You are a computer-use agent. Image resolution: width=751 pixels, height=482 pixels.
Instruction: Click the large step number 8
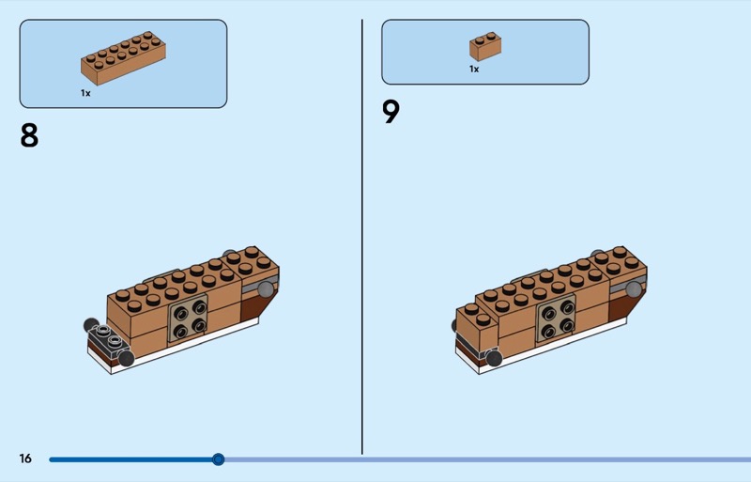[29, 136]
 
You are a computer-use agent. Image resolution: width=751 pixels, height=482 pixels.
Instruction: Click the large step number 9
[391, 113]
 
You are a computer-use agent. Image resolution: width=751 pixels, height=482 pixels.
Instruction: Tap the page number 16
[25, 459]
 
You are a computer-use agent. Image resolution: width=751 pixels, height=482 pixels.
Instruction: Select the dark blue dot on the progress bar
[219, 459]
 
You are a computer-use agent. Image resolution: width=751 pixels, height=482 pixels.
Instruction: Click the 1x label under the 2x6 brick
[85, 93]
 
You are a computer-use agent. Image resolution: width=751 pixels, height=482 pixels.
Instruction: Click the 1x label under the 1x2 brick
[474, 69]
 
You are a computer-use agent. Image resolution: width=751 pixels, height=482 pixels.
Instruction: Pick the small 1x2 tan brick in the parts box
[485, 46]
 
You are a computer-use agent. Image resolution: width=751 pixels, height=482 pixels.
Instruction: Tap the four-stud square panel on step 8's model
[189, 319]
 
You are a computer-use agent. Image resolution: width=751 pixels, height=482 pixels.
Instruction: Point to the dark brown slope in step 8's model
[253, 305]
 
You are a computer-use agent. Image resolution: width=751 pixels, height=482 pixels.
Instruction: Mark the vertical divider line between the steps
[362, 235]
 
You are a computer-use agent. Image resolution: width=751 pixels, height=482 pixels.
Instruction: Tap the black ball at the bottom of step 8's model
[127, 358]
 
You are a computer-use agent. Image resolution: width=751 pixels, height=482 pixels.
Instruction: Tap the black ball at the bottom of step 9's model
[494, 357]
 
